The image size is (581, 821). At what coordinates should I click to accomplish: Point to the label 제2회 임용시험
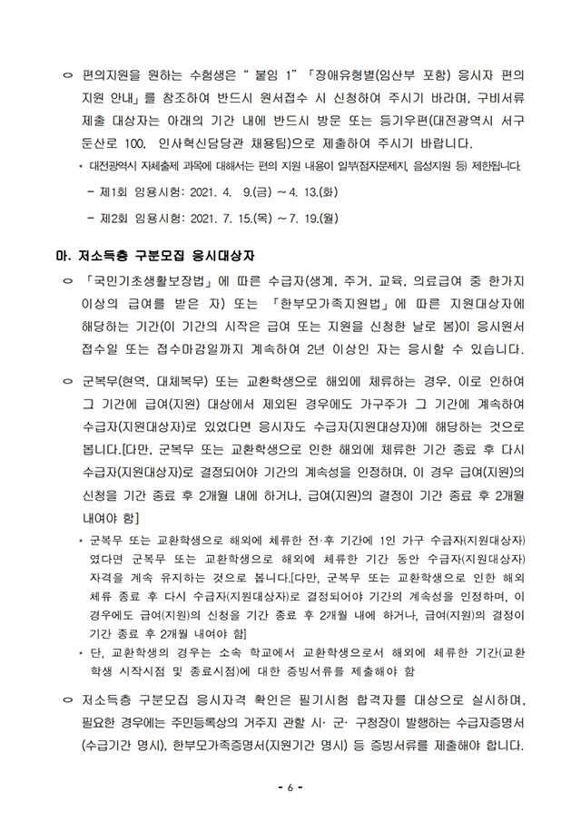(x=135, y=218)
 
